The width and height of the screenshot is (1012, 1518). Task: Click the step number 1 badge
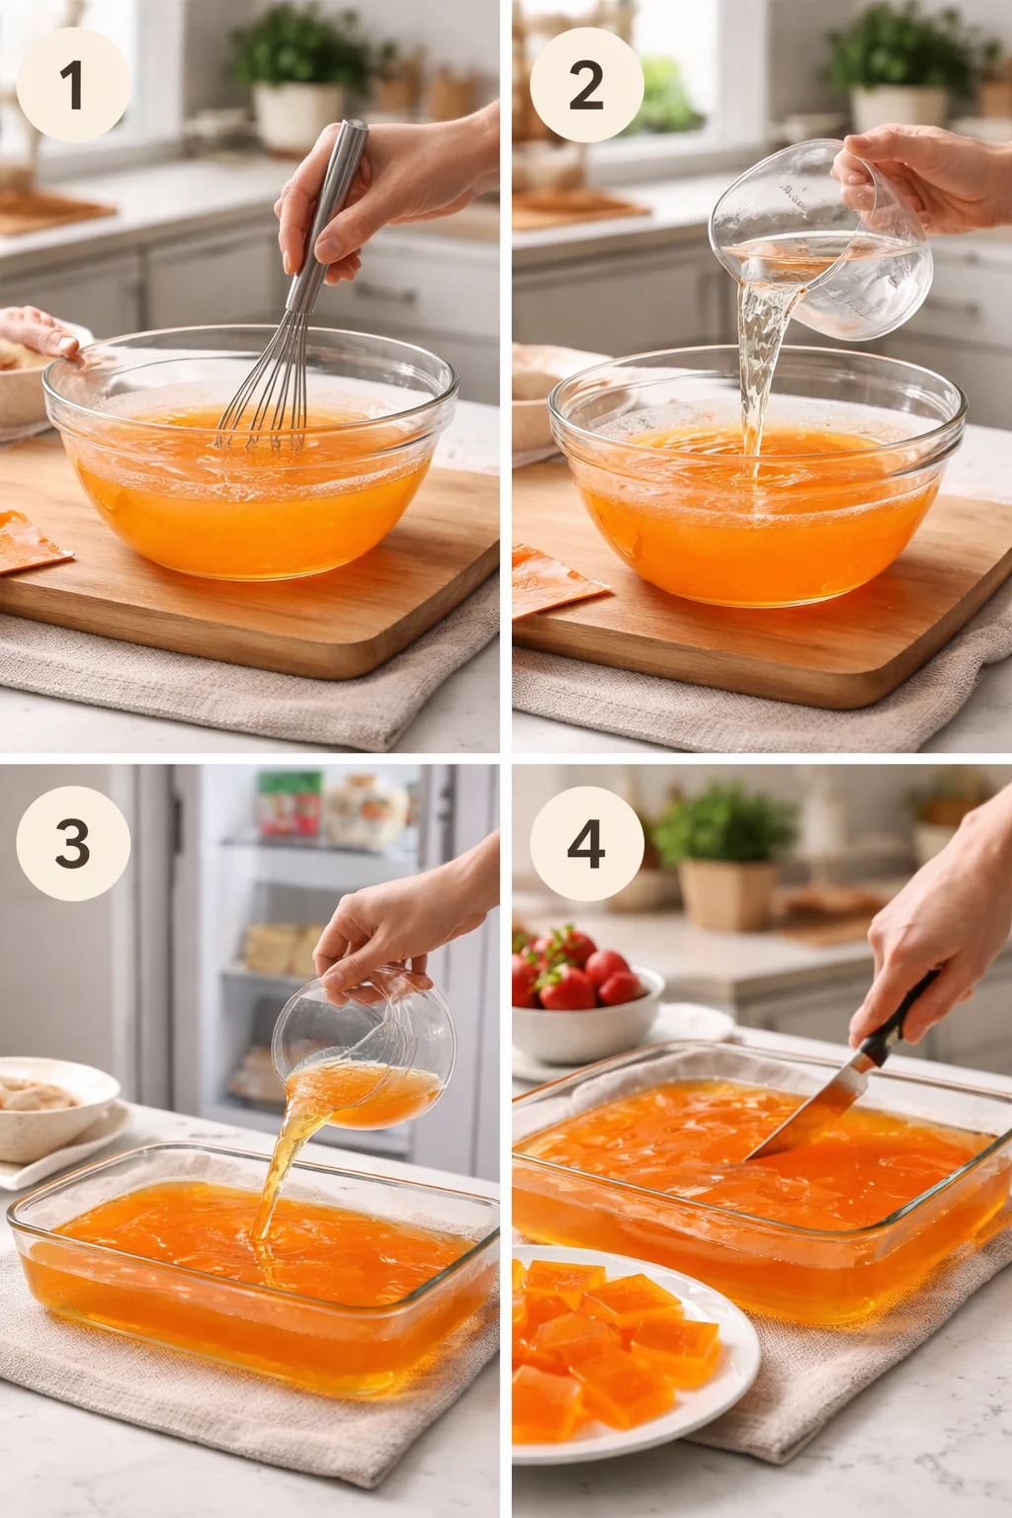tap(73, 84)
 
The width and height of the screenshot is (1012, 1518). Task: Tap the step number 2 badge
tap(586, 84)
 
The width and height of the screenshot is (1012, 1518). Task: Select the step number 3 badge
tap(73, 843)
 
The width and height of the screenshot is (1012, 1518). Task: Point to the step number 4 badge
tap(586, 843)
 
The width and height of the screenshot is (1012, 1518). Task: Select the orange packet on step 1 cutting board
tap(30, 542)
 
